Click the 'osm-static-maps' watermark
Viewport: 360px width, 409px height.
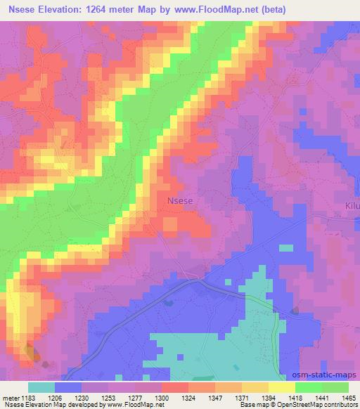tap(328, 375)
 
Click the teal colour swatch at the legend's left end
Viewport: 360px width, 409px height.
tap(41, 387)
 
